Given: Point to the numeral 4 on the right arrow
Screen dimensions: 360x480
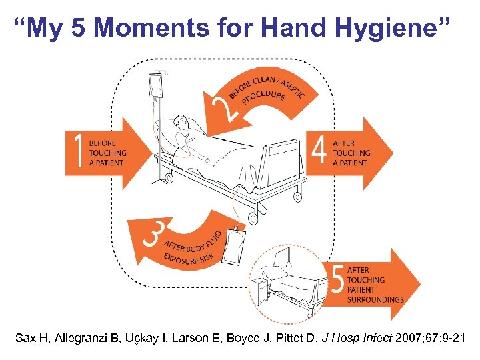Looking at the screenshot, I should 319,152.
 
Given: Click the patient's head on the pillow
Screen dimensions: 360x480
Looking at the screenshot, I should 181,123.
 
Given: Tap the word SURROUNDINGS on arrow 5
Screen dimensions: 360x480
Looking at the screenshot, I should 375,300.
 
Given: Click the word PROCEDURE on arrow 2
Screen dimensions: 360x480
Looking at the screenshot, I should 264,99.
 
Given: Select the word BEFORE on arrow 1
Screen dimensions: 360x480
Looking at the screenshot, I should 102,143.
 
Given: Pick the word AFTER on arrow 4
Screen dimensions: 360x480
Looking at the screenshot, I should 344,143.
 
